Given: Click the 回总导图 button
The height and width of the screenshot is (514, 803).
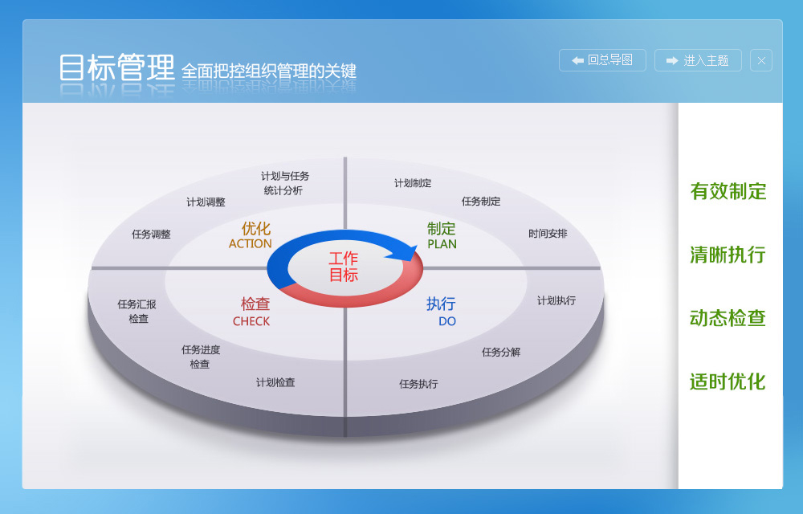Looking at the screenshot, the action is click(602, 60).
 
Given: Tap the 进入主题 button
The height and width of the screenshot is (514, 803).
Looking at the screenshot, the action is click(698, 60).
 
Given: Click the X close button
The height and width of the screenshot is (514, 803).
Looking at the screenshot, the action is click(761, 60).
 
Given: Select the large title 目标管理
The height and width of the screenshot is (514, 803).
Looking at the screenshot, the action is click(116, 67).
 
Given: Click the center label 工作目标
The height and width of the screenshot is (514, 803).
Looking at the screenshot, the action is click(343, 267).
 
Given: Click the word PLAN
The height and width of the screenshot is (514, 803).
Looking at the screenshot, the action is click(442, 244).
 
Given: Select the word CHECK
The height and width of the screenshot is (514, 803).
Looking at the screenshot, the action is click(251, 321).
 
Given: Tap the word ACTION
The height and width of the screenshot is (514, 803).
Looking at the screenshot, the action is click(250, 243).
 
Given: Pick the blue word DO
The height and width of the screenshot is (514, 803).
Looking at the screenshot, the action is click(447, 321).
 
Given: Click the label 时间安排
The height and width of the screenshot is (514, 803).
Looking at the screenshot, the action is click(548, 234).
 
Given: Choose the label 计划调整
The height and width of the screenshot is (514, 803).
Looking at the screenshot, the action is click(206, 202).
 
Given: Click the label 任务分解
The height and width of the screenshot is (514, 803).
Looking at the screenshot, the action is click(501, 352).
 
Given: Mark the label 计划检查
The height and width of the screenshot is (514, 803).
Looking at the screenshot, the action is click(275, 382).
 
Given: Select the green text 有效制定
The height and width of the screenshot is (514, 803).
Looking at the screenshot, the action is click(728, 191).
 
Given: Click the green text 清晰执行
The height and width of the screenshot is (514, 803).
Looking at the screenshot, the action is click(728, 255).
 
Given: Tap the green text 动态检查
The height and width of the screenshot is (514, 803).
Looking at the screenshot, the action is click(728, 318).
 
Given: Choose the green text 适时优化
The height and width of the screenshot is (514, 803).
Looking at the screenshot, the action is click(728, 381).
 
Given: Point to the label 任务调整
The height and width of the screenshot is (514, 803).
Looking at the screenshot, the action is click(151, 234).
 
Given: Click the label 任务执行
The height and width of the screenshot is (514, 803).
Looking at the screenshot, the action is click(418, 383).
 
